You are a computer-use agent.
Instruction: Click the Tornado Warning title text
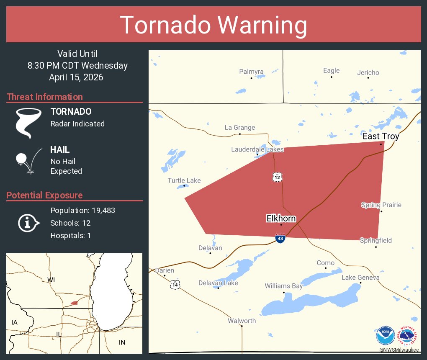[x=213, y=25]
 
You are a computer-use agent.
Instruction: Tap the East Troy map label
[x=381, y=136]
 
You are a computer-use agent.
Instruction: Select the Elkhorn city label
[x=281, y=219]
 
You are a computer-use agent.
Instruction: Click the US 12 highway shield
[x=277, y=177]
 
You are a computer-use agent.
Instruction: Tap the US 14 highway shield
[x=175, y=285]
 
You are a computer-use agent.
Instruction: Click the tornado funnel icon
[x=28, y=123]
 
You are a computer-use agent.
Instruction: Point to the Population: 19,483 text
[x=82, y=210]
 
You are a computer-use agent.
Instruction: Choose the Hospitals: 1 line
[x=71, y=235]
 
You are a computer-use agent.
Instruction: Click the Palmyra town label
[x=251, y=72]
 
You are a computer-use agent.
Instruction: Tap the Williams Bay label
[x=283, y=286]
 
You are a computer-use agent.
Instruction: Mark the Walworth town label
[x=242, y=321]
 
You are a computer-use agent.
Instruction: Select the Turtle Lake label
[x=184, y=180]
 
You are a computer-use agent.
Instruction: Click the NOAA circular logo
[x=385, y=336]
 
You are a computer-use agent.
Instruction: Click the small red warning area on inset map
[x=74, y=303]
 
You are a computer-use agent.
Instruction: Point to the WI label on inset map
[x=51, y=280]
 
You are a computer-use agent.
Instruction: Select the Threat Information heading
[x=45, y=97]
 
